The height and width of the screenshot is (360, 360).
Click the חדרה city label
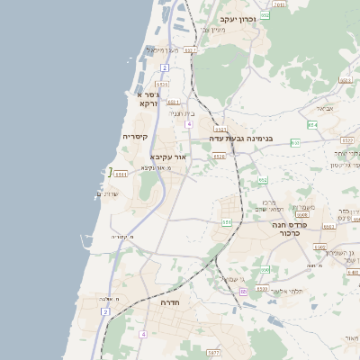point(170,303)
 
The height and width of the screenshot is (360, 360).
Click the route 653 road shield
point(311,125)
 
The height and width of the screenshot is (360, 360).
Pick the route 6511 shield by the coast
point(121,174)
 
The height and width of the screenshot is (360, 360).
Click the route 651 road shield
point(227,220)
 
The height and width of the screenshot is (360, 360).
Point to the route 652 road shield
point(264,181)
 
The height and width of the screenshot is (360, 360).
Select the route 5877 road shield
point(212,353)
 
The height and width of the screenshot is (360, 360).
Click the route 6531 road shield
point(173,103)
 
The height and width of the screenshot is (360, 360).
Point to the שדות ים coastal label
point(107,194)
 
